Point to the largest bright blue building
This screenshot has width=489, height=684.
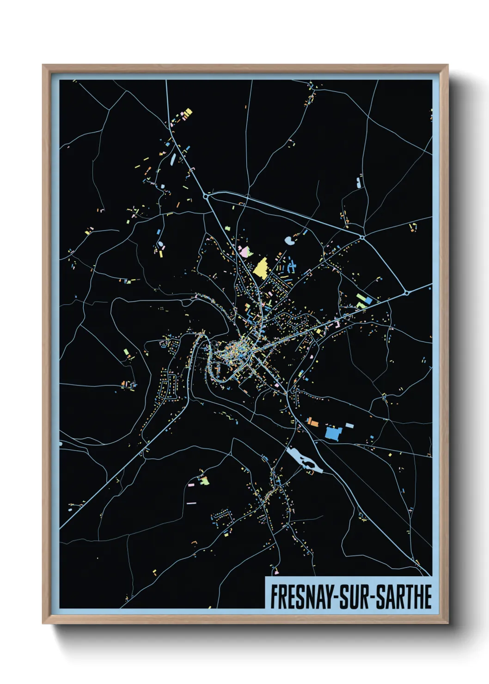pyautogui.click(x=333, y=433)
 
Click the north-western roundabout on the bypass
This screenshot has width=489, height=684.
pyautogui.click(x=206, y=196)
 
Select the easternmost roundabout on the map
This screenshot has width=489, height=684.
pyautogui.click(x=406, y=293)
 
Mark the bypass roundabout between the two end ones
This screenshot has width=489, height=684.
pyautogui.click(x=362, y=238)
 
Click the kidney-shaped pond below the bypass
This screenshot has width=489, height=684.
pyautogui.click(x=290, y=240)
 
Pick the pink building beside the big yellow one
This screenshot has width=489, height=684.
pyautogui.click(x=245, y=252)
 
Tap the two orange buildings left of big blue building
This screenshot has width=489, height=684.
pyautogui.click(x=313, y=421)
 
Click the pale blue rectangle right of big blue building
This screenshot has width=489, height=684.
pyautogui.click(x=350, y=425)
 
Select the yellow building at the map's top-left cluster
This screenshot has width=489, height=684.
pyautogui.click(x=188, y=112)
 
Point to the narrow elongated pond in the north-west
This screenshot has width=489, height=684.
pyautogui.click(x=172, y=159)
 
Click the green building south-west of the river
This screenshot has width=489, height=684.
pyautogui.click(x=204, y=481)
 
